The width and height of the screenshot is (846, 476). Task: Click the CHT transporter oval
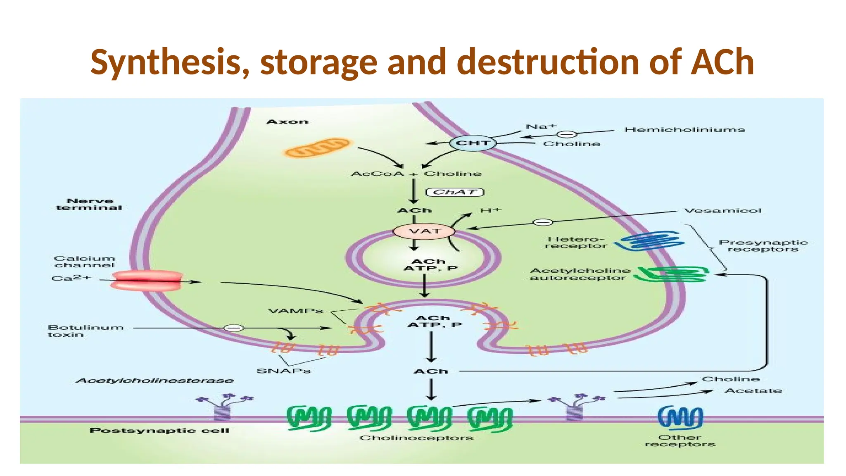pos(473,143)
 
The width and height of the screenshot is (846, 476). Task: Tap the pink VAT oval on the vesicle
pos(424,231)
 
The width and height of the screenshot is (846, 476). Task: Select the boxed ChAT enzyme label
pos(454,192)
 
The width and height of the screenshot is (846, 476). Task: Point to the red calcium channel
pos(147,281)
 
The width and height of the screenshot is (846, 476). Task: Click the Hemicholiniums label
pos(684,130)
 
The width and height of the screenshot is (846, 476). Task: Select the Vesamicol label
pos(722,211)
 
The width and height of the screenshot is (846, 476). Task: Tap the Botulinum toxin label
pos(85,331)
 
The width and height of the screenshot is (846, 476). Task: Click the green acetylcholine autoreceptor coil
pos(671,274)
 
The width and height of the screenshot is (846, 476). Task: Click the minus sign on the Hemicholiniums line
pos(567,134)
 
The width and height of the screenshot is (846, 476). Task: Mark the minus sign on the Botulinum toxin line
pos(233,328)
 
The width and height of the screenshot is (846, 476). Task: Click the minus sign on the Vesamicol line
pos(542,222)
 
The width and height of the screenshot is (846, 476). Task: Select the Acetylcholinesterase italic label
pos(154,381)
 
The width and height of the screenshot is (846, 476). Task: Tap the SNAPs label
pos(283,371)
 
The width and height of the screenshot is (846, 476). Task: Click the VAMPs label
pos(295,311)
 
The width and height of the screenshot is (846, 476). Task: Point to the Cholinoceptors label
pos(416,438)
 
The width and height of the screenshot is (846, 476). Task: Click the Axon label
pos(288,121)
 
